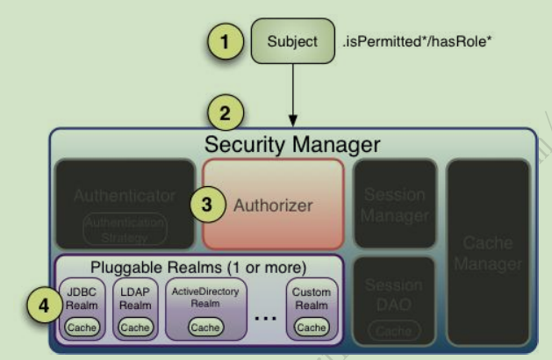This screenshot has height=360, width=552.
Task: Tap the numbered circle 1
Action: coord(225,40)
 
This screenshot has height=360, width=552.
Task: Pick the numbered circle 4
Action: coord(36,308)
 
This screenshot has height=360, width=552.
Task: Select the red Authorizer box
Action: coord(273,204)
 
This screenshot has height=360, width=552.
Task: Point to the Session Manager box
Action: coord(394,204)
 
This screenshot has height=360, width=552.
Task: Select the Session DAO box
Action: coord(394,299)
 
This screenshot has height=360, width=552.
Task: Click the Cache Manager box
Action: coord(488,252)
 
